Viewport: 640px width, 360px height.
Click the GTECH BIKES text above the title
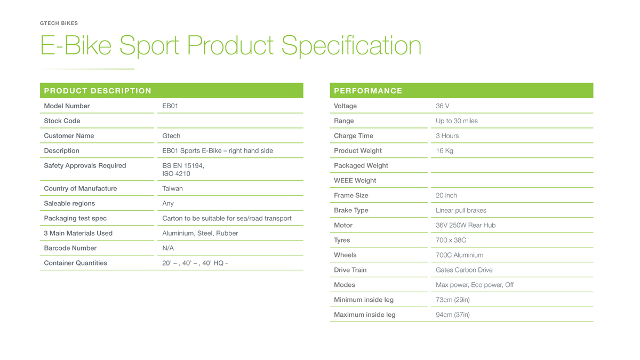point(59,23)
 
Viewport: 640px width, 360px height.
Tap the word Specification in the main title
point(351,46)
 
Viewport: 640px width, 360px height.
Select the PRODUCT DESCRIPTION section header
point(98,91)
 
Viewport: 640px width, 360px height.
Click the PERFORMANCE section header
point(368,91)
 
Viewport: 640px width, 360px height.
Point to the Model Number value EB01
point(170,106)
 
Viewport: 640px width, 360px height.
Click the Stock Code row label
point(62,121)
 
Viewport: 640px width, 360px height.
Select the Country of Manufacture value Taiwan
point(173,189)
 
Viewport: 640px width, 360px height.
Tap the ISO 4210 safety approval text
point(176,174)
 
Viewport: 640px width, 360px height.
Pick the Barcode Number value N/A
point(168,248)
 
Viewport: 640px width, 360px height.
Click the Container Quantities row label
point(75,263)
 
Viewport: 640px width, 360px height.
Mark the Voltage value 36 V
point(442,106)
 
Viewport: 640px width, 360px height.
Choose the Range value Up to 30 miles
point(457,121)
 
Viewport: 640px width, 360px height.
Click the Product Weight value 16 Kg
point(444,150)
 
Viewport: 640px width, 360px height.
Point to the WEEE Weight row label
point(355,181)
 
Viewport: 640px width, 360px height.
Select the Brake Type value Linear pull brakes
point(461,210)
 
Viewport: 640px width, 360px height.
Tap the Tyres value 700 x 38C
point(451,240)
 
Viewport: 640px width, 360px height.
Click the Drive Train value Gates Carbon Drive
point(464,270)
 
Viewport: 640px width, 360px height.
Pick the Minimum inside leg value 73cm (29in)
point(453,300)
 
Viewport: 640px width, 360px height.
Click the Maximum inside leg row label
point(365,315)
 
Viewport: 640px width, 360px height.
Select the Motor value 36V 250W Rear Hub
point(466,225)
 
